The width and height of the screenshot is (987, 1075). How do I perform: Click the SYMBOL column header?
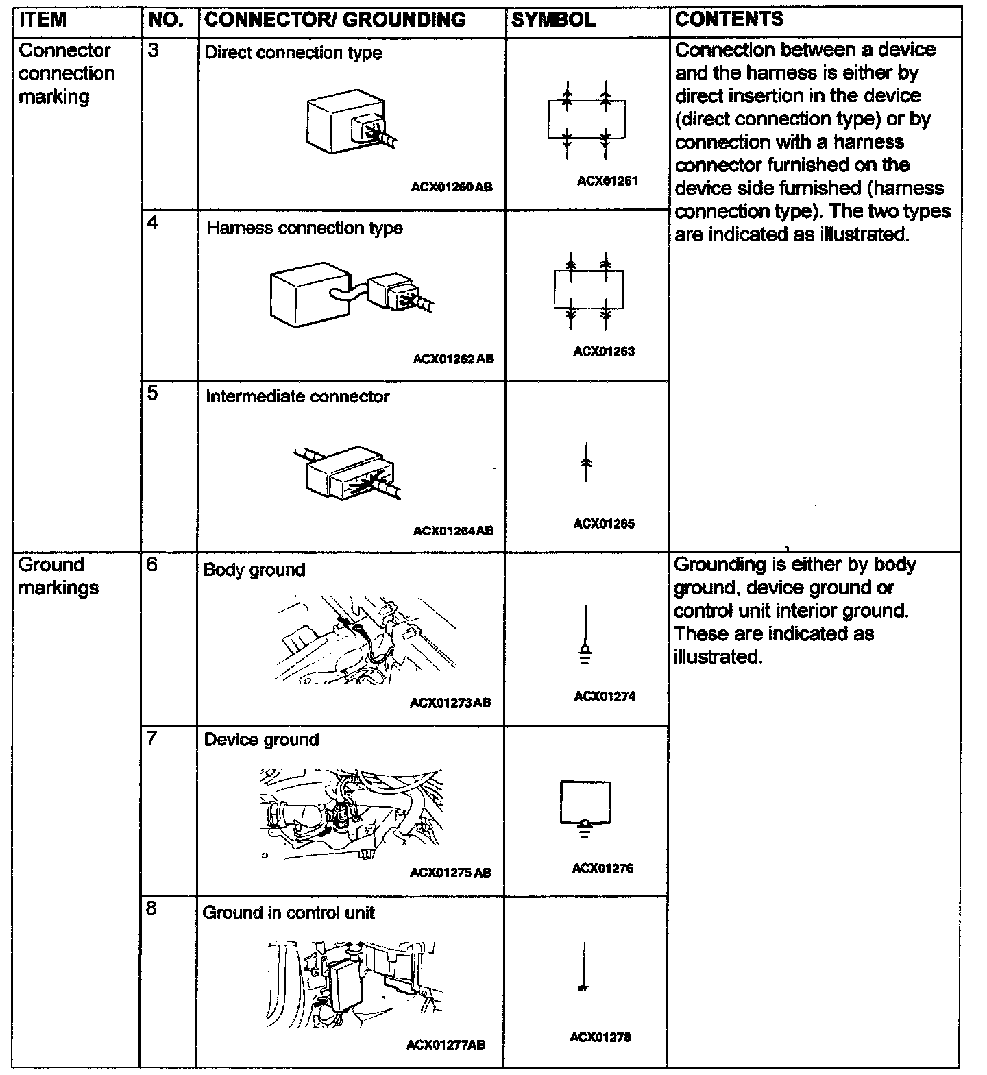point(553,20)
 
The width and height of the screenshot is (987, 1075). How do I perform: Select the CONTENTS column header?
point(729,19)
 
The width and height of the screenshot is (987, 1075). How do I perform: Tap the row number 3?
point(154,51)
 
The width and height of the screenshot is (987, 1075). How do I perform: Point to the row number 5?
point(153,394)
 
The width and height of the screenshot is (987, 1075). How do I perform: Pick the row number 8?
point(151,908)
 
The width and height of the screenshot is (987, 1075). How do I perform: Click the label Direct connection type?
point(293,53)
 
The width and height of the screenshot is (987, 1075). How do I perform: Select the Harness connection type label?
point(304,228)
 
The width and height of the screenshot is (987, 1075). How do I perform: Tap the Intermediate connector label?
point(297,397)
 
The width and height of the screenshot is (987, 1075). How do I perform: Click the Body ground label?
point(254,570)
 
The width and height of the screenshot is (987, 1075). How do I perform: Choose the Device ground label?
point(262,740)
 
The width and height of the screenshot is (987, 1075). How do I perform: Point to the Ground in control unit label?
point(289,913)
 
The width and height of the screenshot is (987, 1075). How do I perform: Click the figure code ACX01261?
point(607,181)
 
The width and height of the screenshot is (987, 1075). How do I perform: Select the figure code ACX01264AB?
point(453,531)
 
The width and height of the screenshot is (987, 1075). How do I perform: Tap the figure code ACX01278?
point(600,1037)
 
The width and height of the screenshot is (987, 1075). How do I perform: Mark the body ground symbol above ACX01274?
point(585,638)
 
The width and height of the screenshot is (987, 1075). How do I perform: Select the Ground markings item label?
point(58,576)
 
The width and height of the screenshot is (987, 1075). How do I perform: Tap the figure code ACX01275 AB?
point(450,873)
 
